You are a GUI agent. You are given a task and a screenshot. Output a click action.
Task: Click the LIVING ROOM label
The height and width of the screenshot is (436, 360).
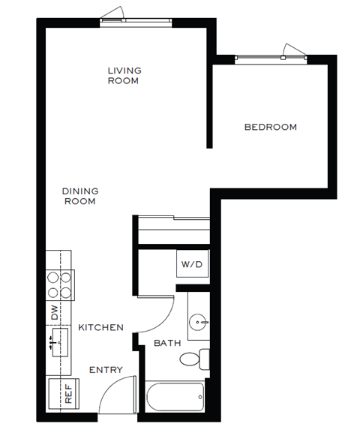coord(124,76)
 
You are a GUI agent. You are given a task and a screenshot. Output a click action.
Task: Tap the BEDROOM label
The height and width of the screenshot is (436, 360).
coord(271,127)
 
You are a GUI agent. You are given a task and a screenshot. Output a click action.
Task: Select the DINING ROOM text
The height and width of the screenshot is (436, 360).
coord(80,196)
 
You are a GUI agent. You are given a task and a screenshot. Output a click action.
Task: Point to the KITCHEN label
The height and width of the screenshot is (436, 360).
coord(101,328)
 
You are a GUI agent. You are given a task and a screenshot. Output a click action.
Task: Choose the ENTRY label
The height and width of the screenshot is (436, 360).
coord(106,370)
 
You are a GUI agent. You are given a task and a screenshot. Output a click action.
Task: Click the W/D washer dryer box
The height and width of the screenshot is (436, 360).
coord(191,265)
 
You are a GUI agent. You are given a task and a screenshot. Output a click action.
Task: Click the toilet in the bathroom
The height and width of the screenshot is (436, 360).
coord(194,359)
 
